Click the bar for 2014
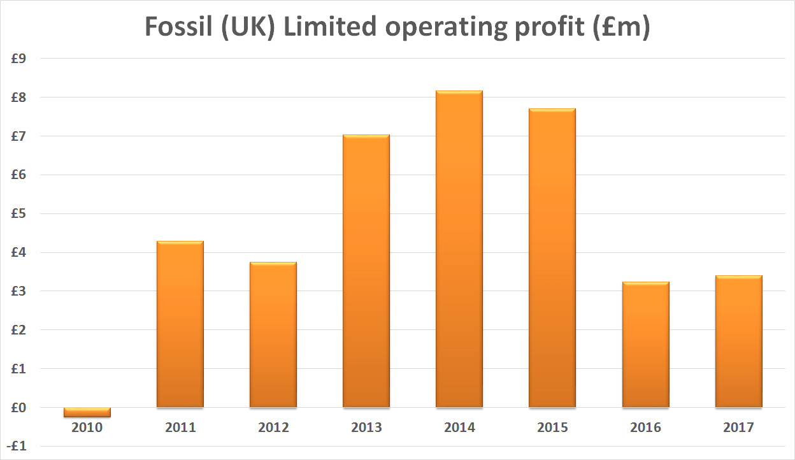point(459,248)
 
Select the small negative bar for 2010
point(87,412)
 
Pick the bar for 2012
point(273,334)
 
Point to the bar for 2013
point(366,271)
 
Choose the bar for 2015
point(552,258)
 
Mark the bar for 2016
point(645,344)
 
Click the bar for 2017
point(738,341)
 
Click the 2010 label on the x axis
point(87,428)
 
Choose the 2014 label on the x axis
point(459,428)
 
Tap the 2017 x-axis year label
point(738,428)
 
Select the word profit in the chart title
point(533,28)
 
